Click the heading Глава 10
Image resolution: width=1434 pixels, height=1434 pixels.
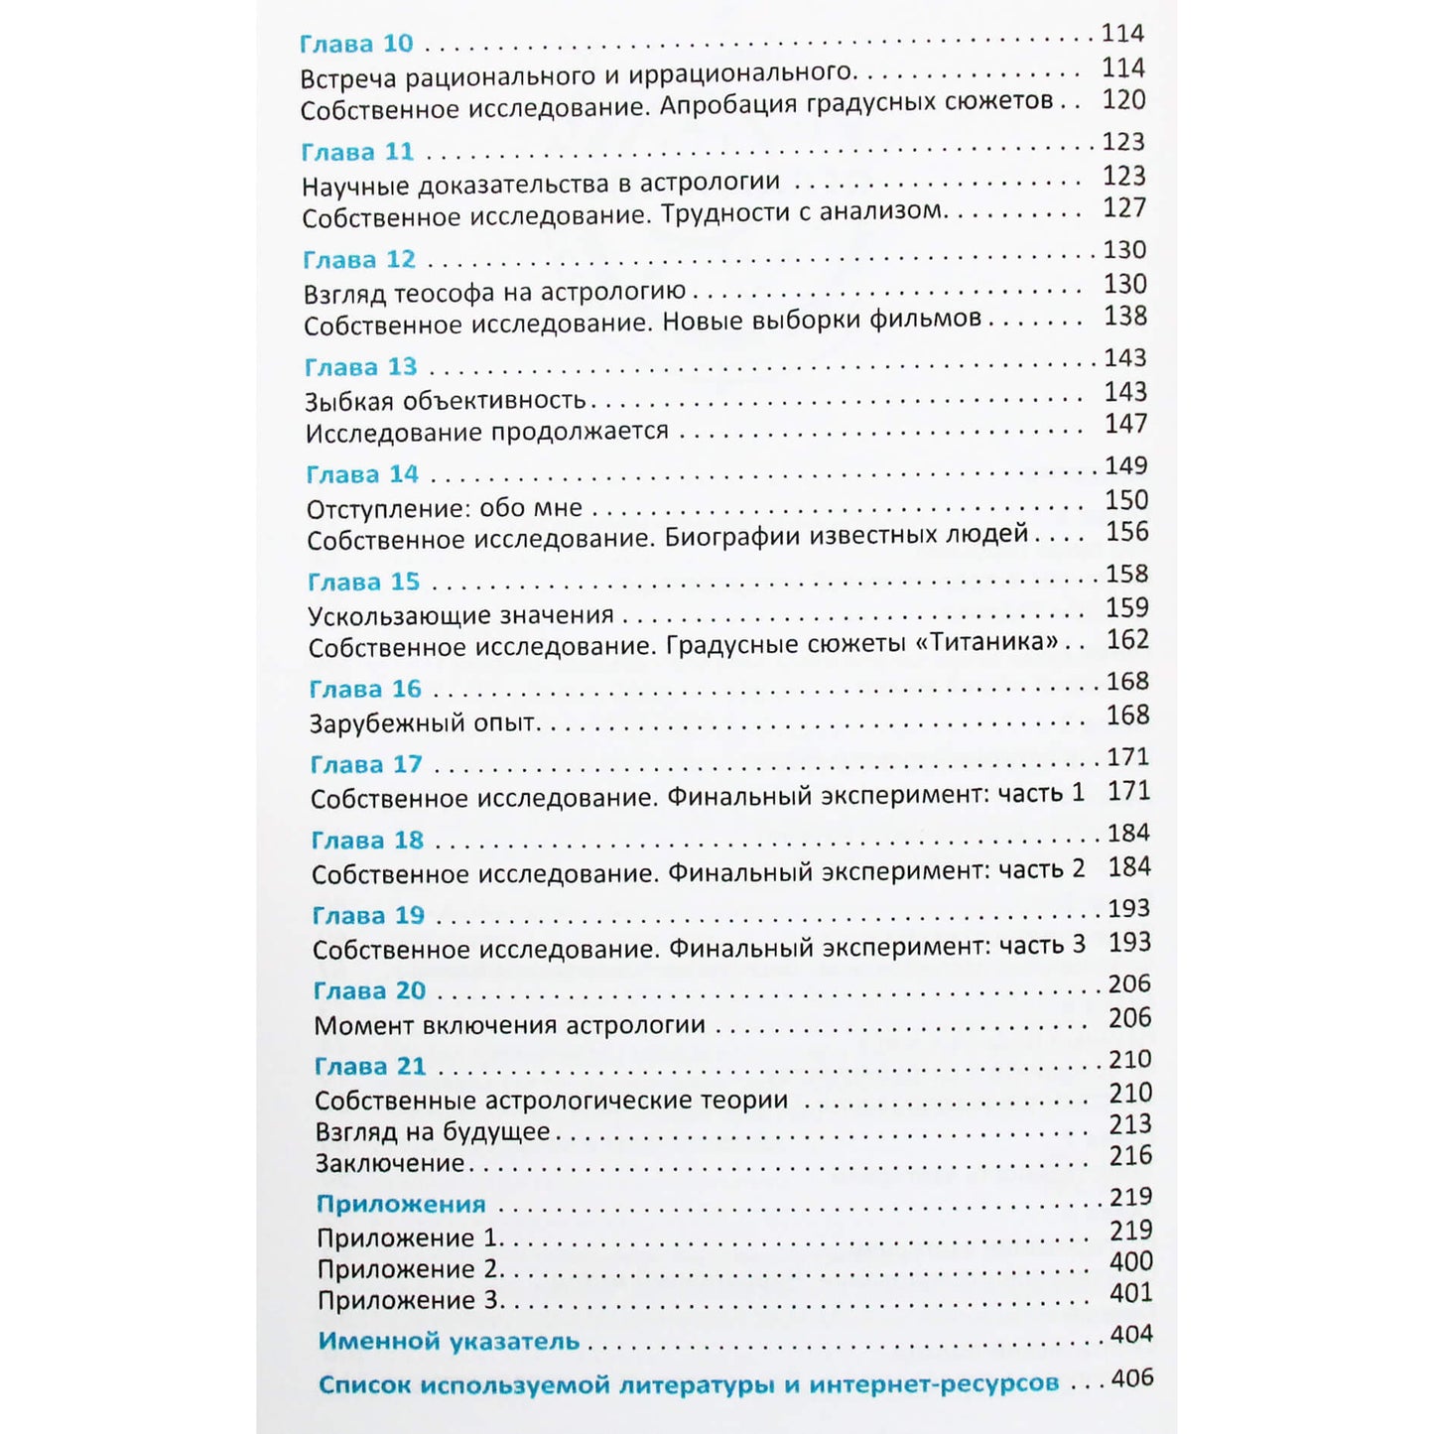(x=356, y=45)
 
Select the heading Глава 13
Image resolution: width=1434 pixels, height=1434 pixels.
(x=360, y=367)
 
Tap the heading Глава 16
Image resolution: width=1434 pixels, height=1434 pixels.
(x=365, y=689)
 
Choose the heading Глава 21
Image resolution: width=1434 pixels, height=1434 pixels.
(x=370, y=1066)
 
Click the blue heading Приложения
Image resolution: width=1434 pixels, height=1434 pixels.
(x=401, y=1204)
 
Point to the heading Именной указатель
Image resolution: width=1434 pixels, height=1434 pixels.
(x=449, y=1341)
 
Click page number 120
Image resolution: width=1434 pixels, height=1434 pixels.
(x=1123, y=100)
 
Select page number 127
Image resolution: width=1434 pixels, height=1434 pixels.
(x=1124, y=208)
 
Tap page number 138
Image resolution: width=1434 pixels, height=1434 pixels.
(x=1125, y=317)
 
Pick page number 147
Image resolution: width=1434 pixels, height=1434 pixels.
(x=1126, y=424)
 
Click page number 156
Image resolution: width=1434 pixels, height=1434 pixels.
(x=1127, y=532)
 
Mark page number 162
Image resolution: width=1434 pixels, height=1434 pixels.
(x=1128, y=640)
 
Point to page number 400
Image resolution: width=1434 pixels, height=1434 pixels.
(x=1131, y=1261)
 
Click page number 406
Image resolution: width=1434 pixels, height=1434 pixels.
(x=1132, y=1377)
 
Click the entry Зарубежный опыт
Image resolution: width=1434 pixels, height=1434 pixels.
(x=424, y=723)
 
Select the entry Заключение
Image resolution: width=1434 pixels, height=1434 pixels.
(x=390, y=1163)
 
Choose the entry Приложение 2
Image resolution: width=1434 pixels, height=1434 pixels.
(x=408, y=1269)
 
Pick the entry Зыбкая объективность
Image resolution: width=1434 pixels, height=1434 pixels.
(x=446, y=401)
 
